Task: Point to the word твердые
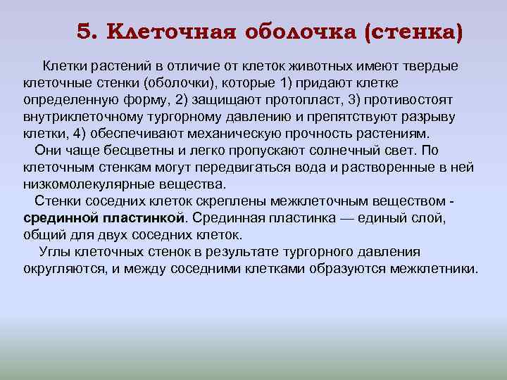(x=428, y=66)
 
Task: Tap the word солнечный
(x=343, y=151)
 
